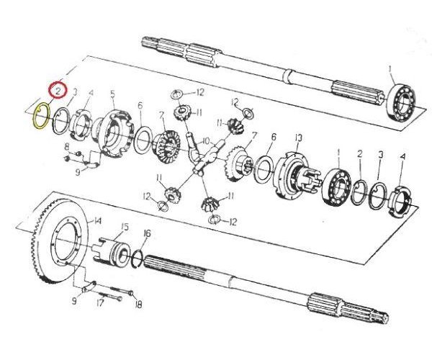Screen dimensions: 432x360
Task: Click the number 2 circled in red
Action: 58,91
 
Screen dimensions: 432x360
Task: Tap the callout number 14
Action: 97,221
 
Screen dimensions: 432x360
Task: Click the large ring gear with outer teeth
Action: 58,240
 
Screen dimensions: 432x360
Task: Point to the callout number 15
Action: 125,227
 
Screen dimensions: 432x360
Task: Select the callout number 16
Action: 147,233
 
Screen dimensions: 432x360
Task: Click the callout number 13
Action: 298,138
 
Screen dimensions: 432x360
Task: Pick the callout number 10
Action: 206,141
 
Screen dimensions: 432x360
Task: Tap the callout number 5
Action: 112,94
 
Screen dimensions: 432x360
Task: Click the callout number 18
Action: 138,305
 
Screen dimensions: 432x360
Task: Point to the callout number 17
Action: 100,303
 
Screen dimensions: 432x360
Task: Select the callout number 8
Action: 67,147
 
